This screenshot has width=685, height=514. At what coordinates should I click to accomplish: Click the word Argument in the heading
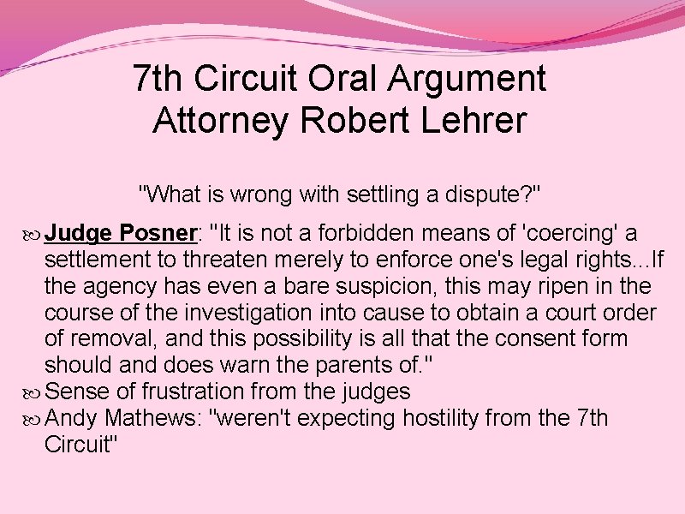[x=467, y=79]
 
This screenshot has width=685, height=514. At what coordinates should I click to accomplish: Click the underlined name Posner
[x=159, y=233]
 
